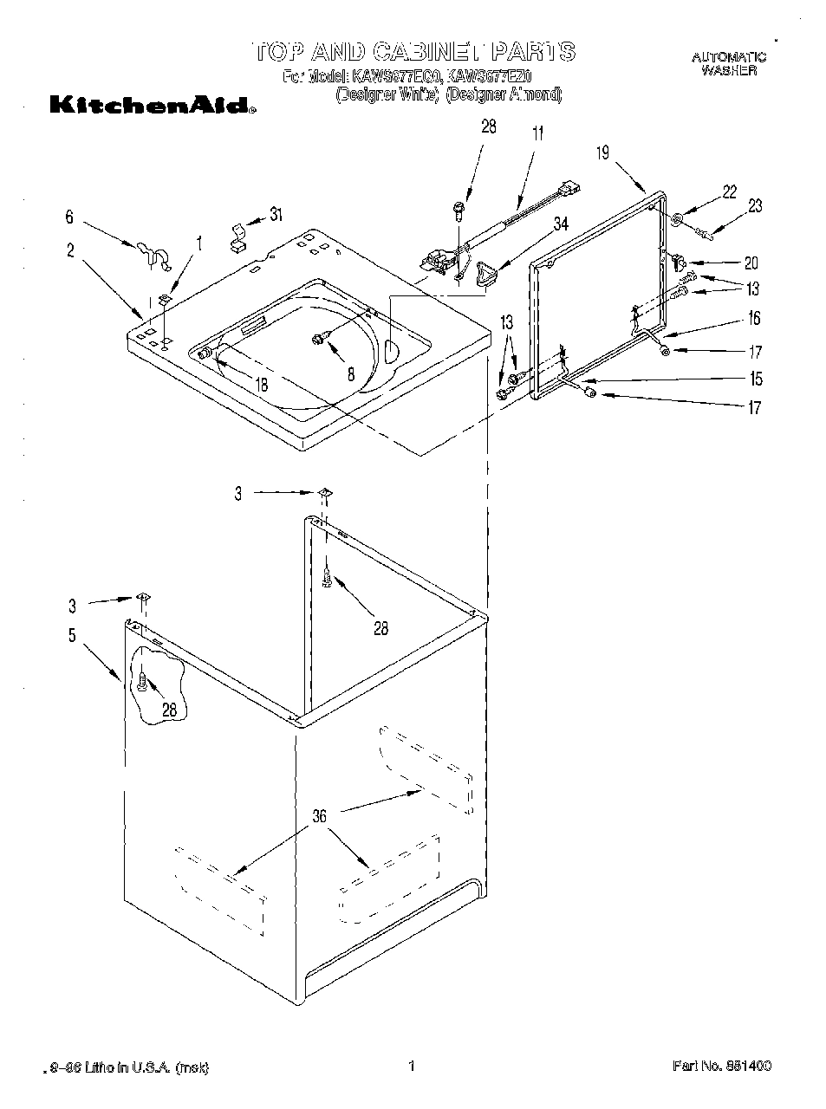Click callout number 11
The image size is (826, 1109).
click(x=538, y=133)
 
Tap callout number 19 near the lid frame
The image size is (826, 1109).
click(x=602, y=153)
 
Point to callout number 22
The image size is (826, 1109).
click(x=729, y=192)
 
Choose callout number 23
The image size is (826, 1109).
click(x=755, y=206)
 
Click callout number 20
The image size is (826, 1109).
click(x=751, y=263)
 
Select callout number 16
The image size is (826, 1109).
click(x=754, y=319)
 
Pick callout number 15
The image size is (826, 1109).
click(x=756, y=379)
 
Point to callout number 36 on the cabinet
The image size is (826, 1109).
click(x=320, y=815)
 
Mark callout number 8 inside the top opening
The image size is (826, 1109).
click(x=350, y=374)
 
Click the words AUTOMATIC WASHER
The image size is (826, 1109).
click(x=728, y=64)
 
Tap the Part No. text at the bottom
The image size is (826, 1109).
click(x=721, y=1066)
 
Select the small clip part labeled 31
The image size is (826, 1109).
click(x=236, y=237)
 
